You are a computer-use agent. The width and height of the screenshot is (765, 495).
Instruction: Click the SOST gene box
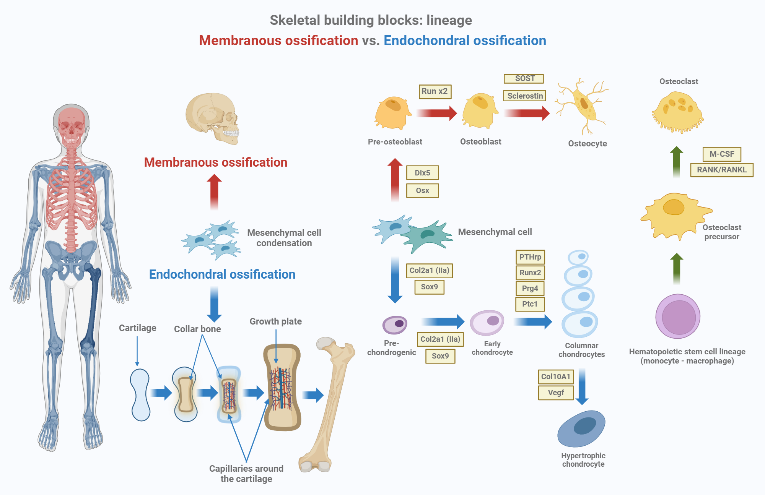tap(524, 78)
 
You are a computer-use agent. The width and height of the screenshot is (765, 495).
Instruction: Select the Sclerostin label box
tap(524, 96)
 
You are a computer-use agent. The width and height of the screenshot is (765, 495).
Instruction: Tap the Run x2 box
tap(435, 91)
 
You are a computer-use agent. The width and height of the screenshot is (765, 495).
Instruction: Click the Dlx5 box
tap(422, 173)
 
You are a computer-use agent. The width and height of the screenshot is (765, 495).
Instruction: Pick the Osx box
tap(422, 190)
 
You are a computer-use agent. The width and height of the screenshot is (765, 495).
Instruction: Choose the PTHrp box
tap(530, 257)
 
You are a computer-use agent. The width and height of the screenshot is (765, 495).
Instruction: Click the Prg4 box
tap(530, 288)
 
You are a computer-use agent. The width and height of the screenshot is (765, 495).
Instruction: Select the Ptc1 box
tap(530, 304)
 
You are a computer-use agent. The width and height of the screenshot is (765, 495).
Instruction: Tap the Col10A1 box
tap(555, 377)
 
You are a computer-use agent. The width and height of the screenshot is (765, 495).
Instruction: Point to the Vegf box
tap(556, 393)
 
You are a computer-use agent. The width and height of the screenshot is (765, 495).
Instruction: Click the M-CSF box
tap(722, 154)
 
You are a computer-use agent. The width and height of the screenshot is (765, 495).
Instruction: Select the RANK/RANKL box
tap(721, 170)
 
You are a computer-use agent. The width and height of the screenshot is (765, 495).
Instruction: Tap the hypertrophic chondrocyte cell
tap(581, 428)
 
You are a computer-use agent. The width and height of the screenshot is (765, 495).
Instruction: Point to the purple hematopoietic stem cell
tap(678, 316)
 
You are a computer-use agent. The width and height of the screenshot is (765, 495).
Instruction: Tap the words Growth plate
tap(275, 321)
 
